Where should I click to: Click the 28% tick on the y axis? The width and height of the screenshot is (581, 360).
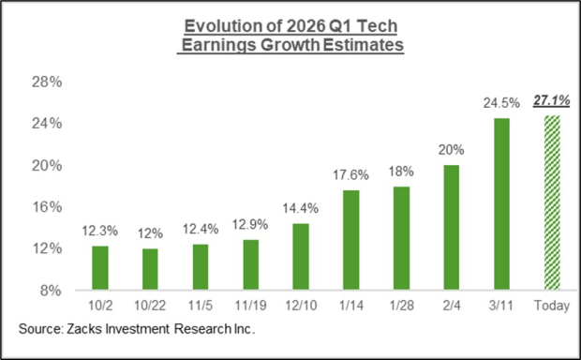pyautogui.click(x=50, y=82)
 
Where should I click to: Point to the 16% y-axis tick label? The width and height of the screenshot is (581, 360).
pyautogui.click(x=50, y=206)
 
